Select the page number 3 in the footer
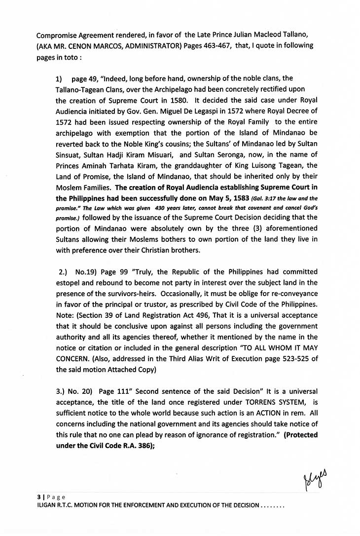coord(32,497)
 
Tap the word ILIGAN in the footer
coord(42,505)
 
